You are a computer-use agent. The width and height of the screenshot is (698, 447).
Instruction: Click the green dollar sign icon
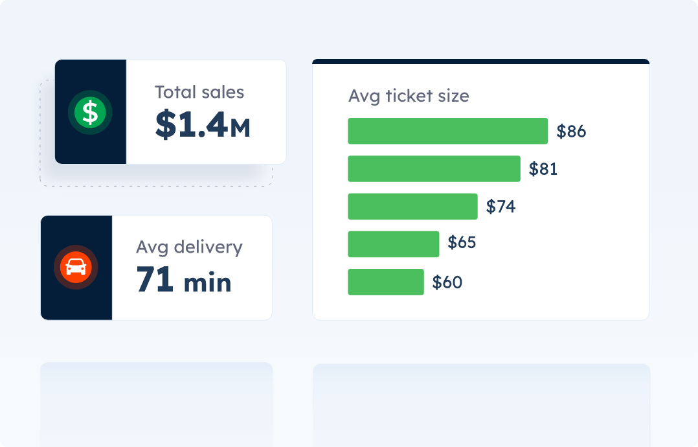(90, 112)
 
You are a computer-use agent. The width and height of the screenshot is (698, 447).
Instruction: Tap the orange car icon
(76, 268)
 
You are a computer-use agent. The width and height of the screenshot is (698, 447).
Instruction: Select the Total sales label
(199, 92)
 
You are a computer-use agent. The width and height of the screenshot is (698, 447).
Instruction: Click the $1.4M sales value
(202, 126)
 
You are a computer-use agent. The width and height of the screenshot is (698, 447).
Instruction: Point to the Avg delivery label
(189, 247)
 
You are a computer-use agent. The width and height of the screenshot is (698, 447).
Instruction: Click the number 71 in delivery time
(155, 280)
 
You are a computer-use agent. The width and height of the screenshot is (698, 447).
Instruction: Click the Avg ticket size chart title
(409, 96)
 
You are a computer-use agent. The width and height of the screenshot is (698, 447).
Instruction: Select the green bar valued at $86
(447, 131)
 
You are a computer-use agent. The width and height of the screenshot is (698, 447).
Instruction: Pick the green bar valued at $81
(434, 168)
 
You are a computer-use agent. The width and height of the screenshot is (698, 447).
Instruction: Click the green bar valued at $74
(412, 207)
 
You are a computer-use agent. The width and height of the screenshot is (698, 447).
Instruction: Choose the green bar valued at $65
(393, 244)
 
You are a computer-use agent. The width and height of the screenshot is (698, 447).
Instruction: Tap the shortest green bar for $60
(385, 282)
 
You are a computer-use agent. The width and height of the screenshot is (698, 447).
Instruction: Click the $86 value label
(571, 132)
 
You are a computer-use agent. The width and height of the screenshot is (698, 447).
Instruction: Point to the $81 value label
(543, 169)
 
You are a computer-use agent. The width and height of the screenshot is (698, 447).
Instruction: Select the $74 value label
(501, 207)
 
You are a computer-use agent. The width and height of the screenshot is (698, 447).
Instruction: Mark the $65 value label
(462, 243)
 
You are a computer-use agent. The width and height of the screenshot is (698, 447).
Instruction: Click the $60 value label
(447, 282)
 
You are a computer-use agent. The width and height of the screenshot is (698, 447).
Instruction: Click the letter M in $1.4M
(240, 128)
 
